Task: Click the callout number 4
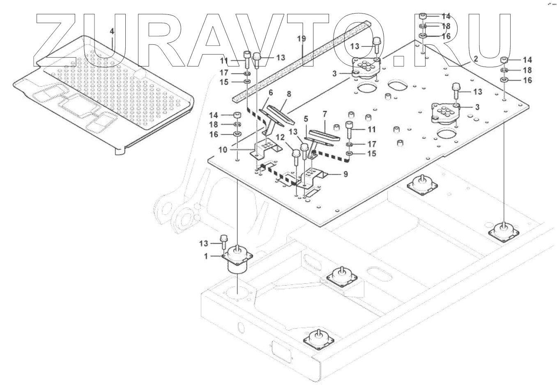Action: pos(112,32)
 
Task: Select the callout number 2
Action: pos(475,59)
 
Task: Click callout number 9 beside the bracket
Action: pos(345,174)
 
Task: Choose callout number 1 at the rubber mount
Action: pos(207,256)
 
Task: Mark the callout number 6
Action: pos(271,94)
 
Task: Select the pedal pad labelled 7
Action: pos(325,136)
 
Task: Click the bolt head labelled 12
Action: pos(296,154)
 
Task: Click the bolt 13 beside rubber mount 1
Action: pos(224,238)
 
